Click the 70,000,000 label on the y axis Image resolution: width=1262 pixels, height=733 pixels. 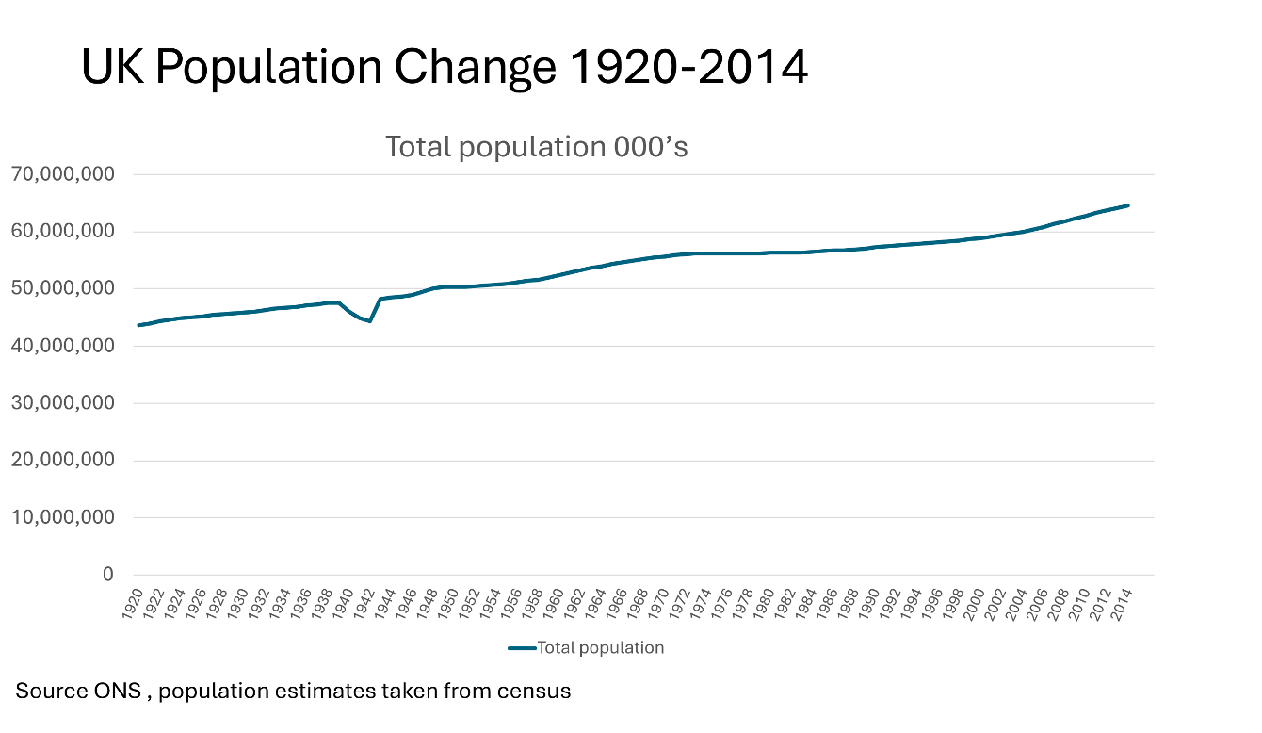click(x=62, y=174)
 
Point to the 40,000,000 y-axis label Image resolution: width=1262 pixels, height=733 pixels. click(x=62, y=346)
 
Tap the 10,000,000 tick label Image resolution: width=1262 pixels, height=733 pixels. click(x=62, y=516)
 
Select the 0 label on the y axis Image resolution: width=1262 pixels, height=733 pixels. click(x=108, y=574)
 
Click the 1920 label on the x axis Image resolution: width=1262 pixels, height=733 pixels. click(x=133, y=603)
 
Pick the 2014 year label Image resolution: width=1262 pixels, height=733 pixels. click(x=1121, y=603)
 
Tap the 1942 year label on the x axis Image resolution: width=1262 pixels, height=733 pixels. click(x=364, y=603)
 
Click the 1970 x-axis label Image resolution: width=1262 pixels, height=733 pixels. click(x=658, y=603)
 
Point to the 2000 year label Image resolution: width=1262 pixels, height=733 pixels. click(x=974, y=603)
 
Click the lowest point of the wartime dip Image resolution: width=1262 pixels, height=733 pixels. click(x=369, y=321)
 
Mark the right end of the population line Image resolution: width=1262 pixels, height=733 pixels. click(x=1128, y=205)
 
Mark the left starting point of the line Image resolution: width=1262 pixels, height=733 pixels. click(x=138, y=325)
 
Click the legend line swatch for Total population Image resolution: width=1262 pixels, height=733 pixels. click(x=522, y=648)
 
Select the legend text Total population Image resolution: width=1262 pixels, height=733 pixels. click(x=601, y=648)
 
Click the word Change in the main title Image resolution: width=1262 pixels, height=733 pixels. click(x=476, y=68)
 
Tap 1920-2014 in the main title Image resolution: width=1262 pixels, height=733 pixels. click(x=689, y=67)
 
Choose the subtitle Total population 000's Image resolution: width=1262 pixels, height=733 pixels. click(x=537, y=147)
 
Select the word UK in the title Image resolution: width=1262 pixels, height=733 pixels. click(x=113, y=67)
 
